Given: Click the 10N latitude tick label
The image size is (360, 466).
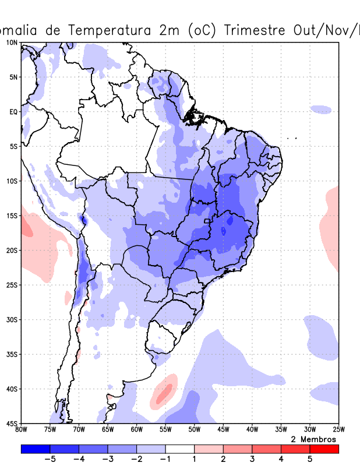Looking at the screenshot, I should [12, 43].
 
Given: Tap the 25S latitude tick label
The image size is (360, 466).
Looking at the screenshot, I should [12, 285].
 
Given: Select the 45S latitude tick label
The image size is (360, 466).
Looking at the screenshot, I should [12, 423].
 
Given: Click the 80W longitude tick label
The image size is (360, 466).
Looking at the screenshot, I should [22, 430].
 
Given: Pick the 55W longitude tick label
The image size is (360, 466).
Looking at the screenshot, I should [165, 430].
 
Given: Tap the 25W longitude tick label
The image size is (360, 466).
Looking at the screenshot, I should [338, 430].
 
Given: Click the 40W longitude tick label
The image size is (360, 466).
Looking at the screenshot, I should [252, 430].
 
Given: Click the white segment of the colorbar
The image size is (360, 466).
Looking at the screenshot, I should [180, 449].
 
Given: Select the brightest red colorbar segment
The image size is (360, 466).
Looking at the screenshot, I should [324, 449].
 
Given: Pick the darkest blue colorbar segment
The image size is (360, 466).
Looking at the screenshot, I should [36, 449].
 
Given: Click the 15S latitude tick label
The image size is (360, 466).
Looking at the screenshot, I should [12, 216].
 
